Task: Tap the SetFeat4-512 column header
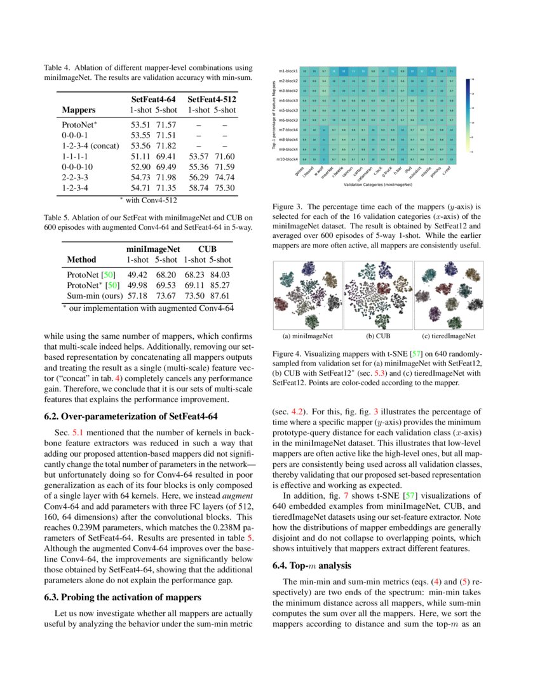point(212,99)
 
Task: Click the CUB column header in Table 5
point(207,248)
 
